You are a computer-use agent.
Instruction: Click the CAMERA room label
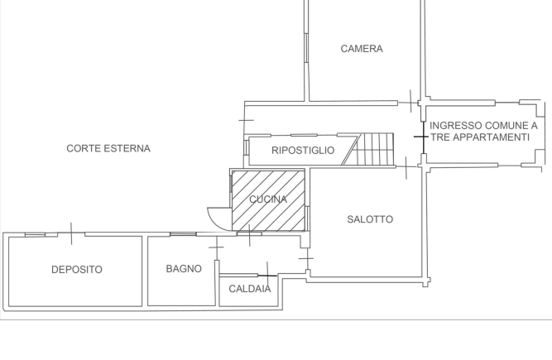[x=362, y=49]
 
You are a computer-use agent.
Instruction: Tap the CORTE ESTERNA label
[x=108, y=148]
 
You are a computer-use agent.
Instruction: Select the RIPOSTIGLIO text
[x=303, y=151]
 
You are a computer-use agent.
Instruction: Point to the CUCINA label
[x=268, y=199]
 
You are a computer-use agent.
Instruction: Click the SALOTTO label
[x=370, y=219]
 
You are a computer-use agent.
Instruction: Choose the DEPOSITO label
[x=77, y=270]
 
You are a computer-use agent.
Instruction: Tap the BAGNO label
[x=184, y=269]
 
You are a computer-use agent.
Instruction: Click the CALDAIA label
[x=250, y=289]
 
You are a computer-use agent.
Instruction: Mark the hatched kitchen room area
[x=268, y=200]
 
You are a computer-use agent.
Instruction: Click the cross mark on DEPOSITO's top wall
[x=71, y=233]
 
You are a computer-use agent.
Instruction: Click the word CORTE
[x=84, y=148]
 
